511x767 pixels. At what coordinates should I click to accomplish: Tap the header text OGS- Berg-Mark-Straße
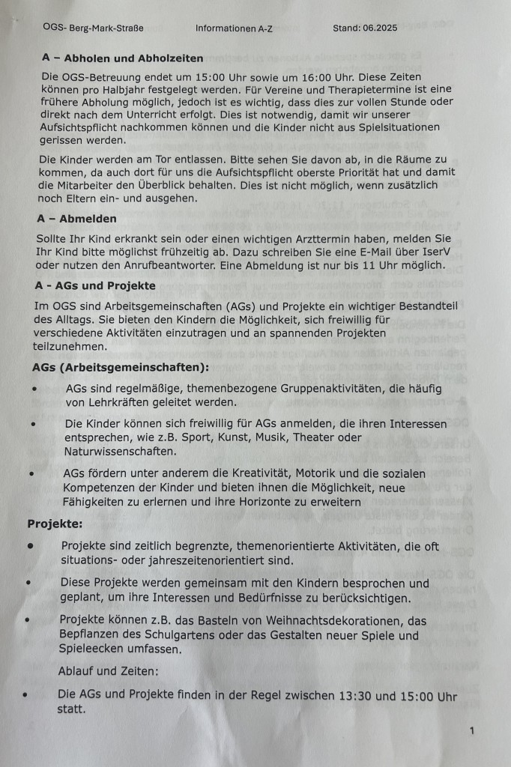(93, 28)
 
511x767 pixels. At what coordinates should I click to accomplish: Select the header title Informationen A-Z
(235, 28)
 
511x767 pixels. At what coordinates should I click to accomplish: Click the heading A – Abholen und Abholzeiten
(123, 58)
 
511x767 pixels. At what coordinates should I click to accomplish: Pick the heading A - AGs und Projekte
(95, 286)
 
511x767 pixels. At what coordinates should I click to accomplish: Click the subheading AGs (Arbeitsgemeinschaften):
(120, 368)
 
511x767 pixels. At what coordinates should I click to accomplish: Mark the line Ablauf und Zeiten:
(109, 673)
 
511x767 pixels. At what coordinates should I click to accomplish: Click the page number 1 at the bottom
(471, 730)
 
